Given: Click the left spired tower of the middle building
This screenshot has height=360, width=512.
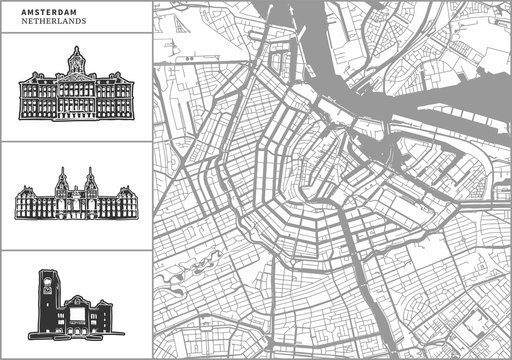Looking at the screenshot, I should click(x=62, y=179).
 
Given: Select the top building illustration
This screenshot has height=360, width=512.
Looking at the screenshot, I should click(x=76, y=90).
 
